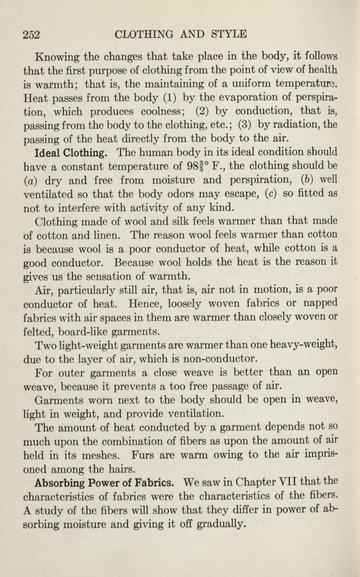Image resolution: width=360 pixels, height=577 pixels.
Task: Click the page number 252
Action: (x=32, y=35)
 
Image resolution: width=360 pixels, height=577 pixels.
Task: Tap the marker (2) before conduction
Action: (x=204, y=111)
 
